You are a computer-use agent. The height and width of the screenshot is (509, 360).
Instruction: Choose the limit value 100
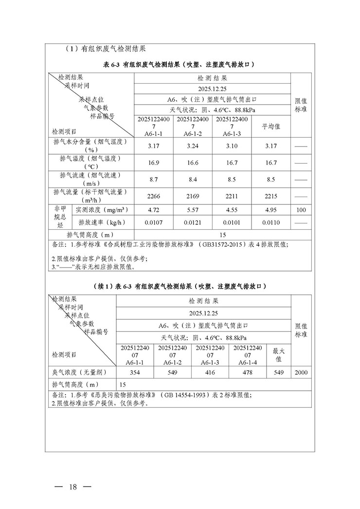click(301, 211)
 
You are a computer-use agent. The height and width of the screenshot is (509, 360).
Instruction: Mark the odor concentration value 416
click(211, 372)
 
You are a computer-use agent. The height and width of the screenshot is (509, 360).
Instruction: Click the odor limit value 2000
click(301, 372)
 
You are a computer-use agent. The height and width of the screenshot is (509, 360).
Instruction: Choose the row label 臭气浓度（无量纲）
click(80, 372)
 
